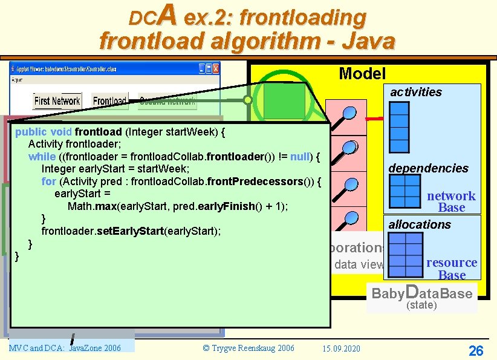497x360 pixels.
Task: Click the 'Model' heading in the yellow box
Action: [x=362, y=74]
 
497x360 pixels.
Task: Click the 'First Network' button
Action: [x=57, y=101]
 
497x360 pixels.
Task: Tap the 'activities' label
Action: [x=415, y=92]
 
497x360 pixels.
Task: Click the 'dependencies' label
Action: [x=428, y=168]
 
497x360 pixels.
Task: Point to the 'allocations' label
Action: [x=420, y=224]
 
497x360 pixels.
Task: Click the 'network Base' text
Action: [x=452, y=201]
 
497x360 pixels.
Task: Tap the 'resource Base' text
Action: [x=452, y=269]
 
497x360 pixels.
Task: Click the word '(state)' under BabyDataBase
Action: [x=421, y=306]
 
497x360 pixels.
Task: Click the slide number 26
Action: [x=476, y=350]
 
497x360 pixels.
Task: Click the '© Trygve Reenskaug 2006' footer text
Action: [x=248, y=348]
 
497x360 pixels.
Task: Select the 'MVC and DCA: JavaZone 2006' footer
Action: [x=65, y=348]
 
